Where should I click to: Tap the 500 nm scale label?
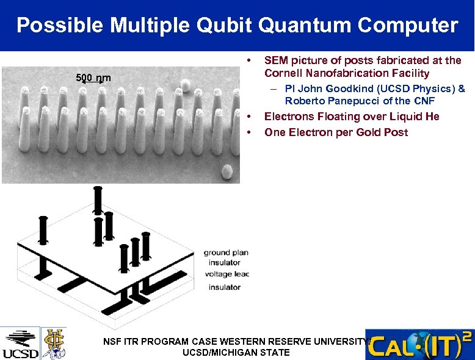(x=93, y=77)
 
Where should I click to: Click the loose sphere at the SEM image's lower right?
(x=227, y=172)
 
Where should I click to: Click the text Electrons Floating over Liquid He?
(x=351, y=117)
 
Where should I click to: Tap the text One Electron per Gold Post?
(x=336, y=132)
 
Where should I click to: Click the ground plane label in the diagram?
(x=226, y=253)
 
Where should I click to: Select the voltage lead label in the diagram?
(x=227, y=275)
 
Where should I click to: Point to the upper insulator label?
(x=224, y=263)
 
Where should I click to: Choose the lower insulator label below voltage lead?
(x=224, y=287)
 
